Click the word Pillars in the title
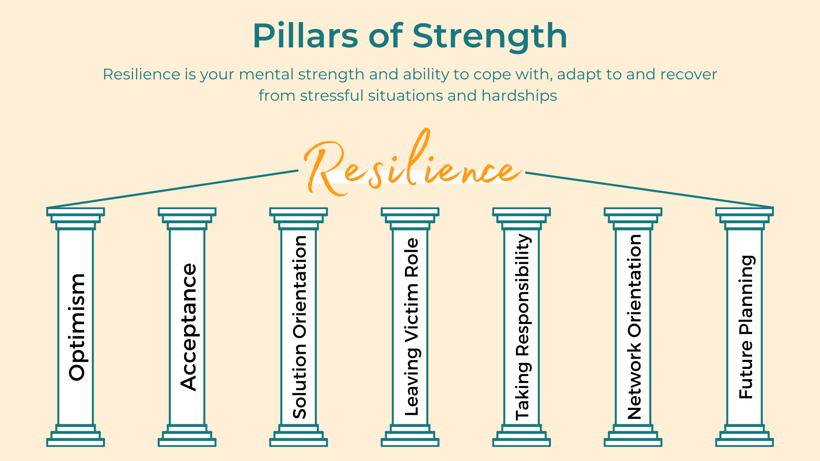(305, 36)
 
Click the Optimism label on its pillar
(77, 327)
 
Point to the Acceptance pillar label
(188, 327)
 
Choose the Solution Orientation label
(299, 327)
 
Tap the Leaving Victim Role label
(412, 327)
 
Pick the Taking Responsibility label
(523, 327)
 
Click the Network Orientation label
(634, 327)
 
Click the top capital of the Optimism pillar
(76, 219)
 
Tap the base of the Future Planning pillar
(744, 435)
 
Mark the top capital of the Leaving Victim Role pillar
(410, 219)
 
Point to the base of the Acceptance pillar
(187, 435)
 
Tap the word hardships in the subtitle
(519, 96)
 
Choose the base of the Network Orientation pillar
(633, 435)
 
